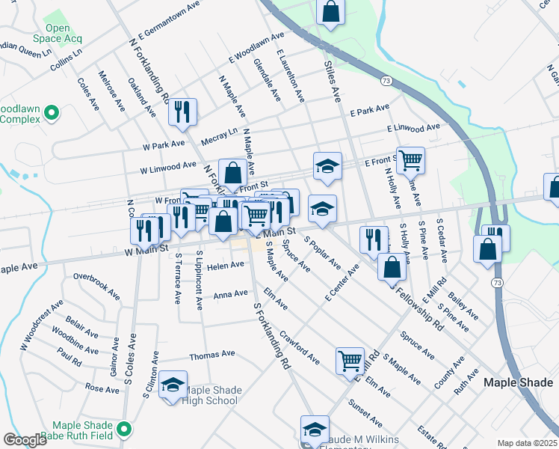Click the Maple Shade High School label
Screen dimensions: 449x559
(211, 395)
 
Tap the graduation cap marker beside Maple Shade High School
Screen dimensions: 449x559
(173, 385)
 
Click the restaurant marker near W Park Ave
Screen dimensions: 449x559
(182, 112)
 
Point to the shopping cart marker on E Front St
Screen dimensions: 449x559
(410, 159)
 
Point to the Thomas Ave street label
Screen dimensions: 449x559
(212, 357)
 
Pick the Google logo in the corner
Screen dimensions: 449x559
(25, 440)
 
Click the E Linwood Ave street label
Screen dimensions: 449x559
(413, 129)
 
